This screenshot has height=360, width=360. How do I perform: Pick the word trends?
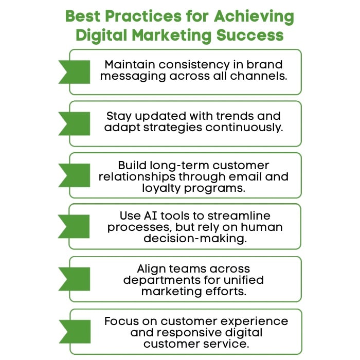[235, 116]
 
